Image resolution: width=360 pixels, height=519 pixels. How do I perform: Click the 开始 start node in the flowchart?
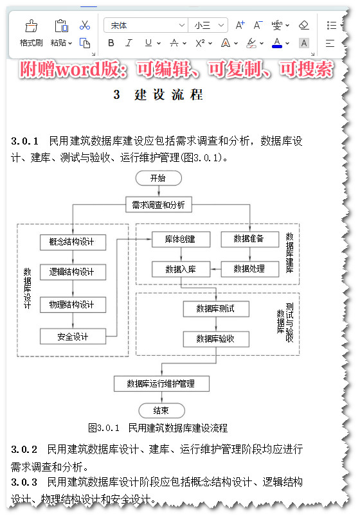[157, 178]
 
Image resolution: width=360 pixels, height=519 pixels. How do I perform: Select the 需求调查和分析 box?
[158, 205]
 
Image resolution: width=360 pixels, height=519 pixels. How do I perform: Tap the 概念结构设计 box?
[71, 242]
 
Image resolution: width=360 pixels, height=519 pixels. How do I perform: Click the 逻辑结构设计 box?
[71, 272]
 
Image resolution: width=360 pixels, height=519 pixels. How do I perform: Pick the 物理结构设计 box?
[71, 304]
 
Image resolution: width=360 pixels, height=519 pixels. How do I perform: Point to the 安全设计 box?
[71, 336]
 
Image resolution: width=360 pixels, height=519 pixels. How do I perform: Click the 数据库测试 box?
[215, 308]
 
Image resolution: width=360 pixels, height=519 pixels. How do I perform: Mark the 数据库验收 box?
[215, 339]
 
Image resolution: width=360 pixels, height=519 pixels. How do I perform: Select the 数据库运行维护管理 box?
[160, 383]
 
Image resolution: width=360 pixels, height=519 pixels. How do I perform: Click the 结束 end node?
[161, 410]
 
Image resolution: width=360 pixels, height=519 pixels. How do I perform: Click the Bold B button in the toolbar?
[111, 43]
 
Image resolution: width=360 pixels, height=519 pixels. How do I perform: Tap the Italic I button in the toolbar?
[129, 43]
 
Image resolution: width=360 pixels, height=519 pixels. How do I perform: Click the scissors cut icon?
[84, 26]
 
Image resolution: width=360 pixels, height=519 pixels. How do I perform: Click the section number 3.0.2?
[24, 449]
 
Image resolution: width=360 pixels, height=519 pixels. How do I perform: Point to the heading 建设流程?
[168, 95]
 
